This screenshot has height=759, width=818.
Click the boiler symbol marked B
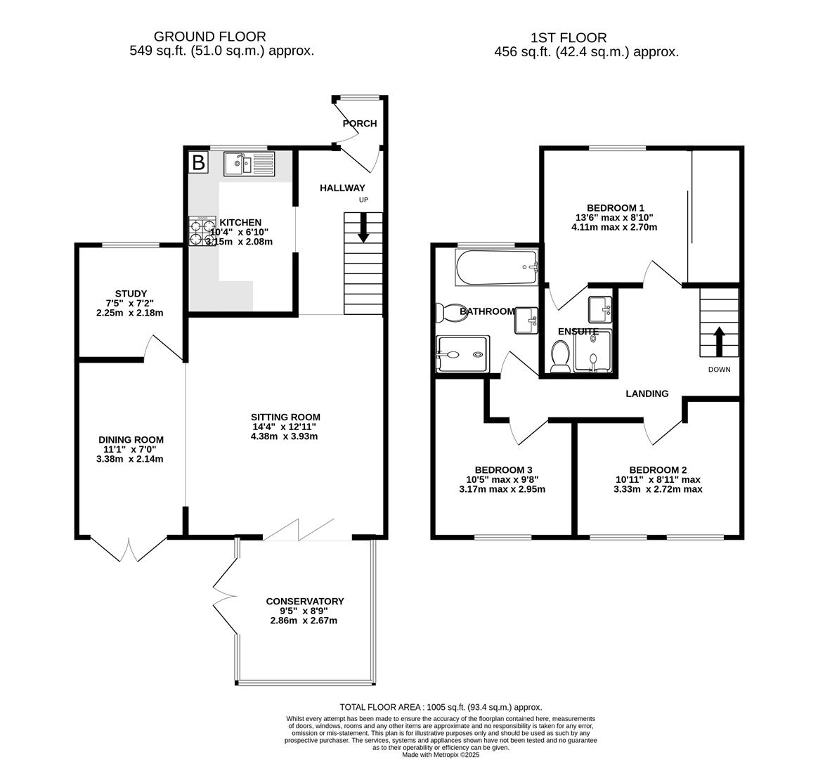click(199, 163)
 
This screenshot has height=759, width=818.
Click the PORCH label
click(360, 124)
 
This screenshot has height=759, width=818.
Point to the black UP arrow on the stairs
click(363, 228)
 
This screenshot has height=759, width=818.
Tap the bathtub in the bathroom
click(496, 268)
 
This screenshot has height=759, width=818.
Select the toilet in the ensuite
click(560, 356)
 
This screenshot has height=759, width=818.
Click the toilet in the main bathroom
click(450, 312)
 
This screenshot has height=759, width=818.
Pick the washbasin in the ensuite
click(599, 309)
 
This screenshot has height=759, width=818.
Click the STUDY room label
click(131, 294)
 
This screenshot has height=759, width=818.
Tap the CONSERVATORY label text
click(304, 602)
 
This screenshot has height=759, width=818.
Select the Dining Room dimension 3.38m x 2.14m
click(131, 460)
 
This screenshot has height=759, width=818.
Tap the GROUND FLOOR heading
click(209, 37)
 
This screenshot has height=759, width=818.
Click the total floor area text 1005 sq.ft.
click(441, 708)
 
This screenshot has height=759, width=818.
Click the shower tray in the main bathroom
click(461, 353)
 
